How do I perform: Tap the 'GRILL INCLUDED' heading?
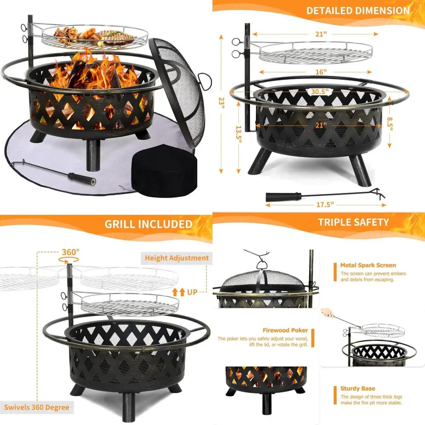click(x=148, y=224)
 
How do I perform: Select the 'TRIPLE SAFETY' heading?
click(x=353, y=222)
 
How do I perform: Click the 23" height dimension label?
click(x=220, y=102)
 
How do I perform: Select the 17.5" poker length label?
click(x=326, y=204)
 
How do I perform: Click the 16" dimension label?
click(x=321, y=72)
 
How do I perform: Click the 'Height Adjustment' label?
click(x=177, y=258)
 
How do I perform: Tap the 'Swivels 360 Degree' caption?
click(x=35, y=408)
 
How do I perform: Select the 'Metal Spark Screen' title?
click(x=368, y=265)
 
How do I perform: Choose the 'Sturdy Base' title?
click(x=357, y=388)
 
